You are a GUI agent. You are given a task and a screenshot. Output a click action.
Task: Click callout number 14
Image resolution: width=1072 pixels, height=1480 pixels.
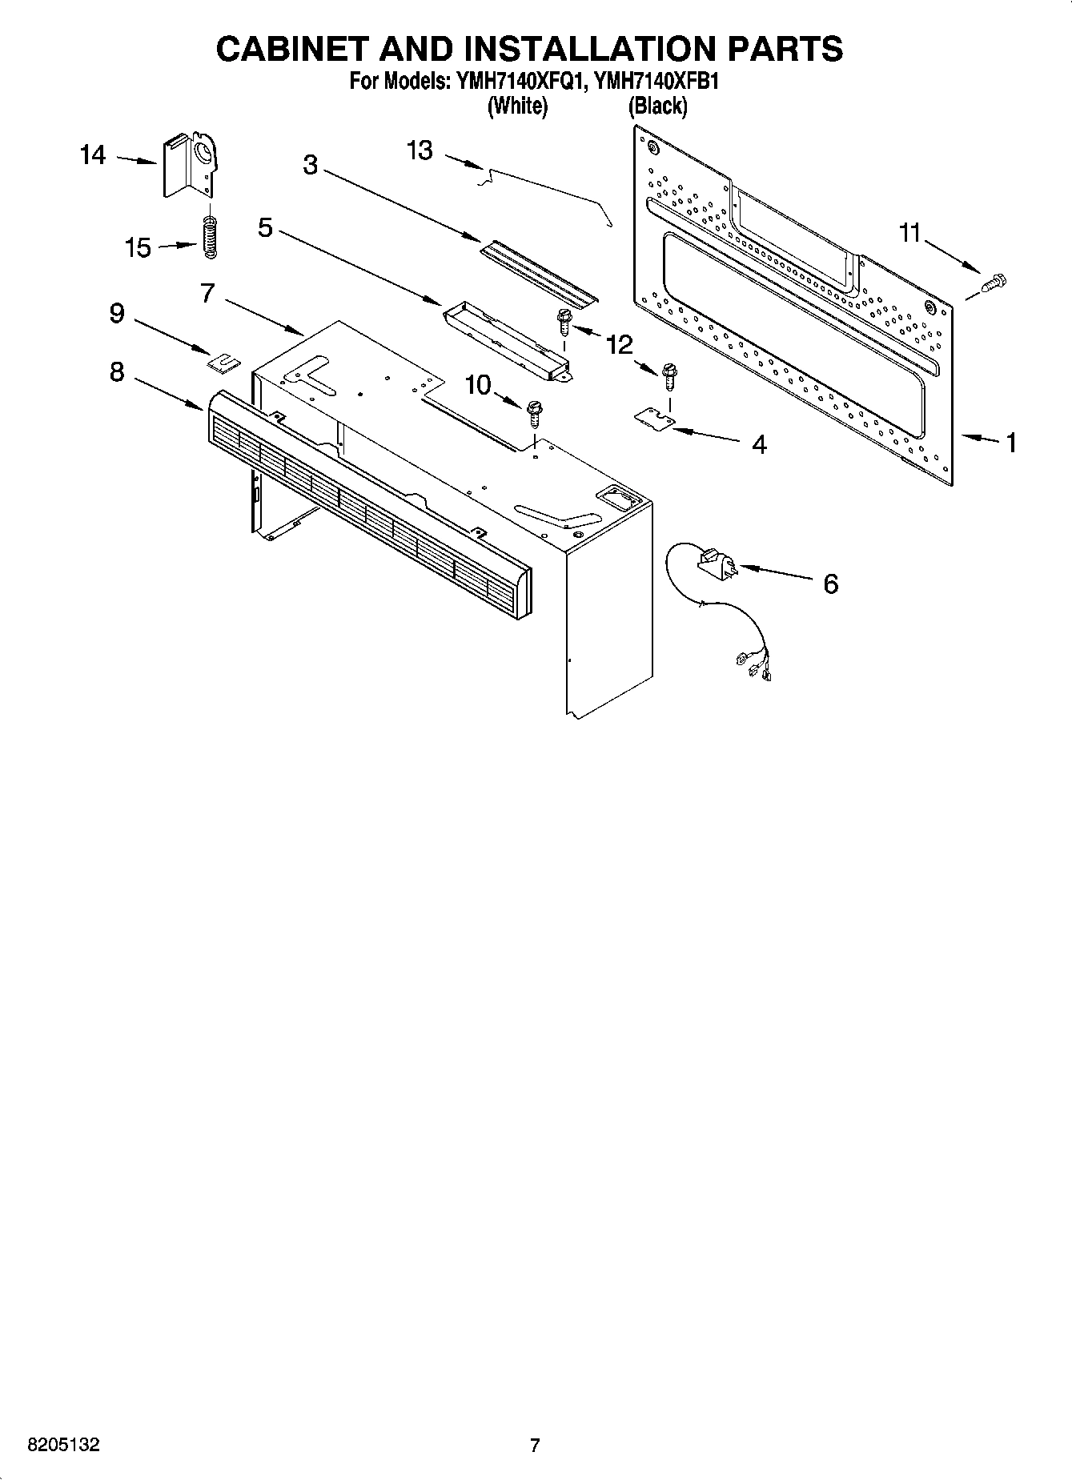click(x=93, y=154)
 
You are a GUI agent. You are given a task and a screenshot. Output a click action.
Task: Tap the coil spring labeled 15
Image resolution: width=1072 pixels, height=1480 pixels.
click(x=210, y=238)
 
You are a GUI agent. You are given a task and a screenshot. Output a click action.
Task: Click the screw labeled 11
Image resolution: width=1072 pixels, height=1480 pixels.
click(x=994, y=282)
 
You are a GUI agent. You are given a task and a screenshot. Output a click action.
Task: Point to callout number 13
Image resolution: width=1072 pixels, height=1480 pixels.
click(x=420, y=150)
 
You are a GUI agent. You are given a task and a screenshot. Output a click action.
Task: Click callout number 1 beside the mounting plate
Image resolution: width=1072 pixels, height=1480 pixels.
click(x=1011, y=442)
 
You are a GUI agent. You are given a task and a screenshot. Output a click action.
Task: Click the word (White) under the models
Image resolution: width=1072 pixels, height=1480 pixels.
click(x=517, y=106)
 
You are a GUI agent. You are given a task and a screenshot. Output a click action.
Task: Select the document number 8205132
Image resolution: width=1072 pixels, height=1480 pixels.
click(x=63, y=1446)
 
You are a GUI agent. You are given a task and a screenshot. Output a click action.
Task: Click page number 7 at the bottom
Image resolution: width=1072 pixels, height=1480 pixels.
click(x=535, y=1446)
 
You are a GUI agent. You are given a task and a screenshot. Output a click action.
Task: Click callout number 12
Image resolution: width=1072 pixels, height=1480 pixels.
click(x=619, y=344)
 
